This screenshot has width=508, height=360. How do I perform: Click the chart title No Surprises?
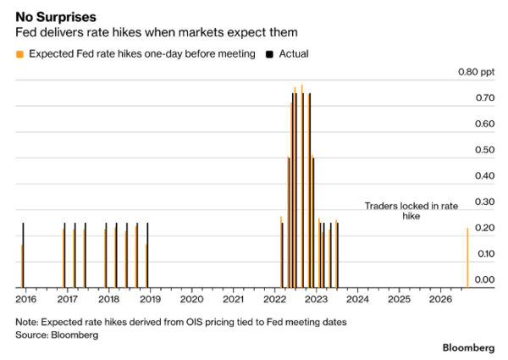click(56, 17)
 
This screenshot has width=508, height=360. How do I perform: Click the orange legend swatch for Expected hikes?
click(19, 54)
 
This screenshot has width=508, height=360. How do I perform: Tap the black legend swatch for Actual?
click(269, 54)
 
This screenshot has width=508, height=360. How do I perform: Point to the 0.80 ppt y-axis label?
click(476, 72)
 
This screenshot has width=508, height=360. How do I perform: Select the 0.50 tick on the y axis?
click(484, 150)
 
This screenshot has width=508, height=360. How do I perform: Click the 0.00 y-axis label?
click(484, 280)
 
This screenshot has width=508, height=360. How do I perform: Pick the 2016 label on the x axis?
click(26, 299)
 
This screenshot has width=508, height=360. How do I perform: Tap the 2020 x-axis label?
click(192, 299)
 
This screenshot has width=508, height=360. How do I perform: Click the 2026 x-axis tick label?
click(440, 299)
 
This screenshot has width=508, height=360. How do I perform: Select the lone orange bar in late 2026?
click(467, 258)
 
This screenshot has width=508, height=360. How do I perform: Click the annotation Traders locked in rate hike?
click(411, 211)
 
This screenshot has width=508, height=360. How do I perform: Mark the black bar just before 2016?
click(24, 255)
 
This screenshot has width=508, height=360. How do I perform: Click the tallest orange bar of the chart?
click(302, 186)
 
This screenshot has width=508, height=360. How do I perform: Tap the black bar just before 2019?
click(147, 255)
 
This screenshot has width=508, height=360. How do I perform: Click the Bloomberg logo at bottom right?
click(468, 347)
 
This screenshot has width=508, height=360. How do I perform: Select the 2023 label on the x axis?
click(316, 299)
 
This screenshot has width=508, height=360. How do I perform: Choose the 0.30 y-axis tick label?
click(484, 202)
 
